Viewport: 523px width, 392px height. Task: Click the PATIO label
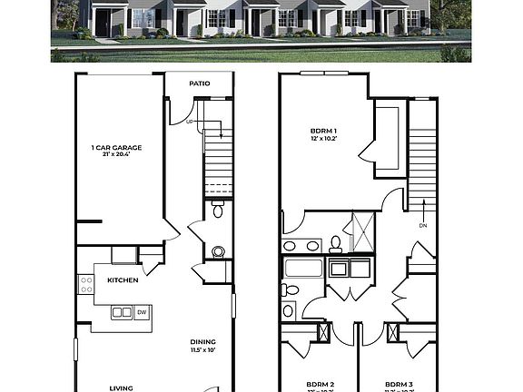200,83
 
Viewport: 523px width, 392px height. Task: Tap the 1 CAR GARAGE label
116,147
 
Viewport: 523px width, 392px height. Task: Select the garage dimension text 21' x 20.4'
116,155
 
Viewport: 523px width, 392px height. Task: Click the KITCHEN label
123,280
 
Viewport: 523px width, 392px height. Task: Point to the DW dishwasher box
141,312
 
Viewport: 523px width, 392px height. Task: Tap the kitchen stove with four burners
87,284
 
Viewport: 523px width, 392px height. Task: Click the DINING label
202,342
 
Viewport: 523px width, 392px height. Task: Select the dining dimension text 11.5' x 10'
202,350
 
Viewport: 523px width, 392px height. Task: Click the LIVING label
122,387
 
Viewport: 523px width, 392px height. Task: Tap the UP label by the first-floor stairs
189,121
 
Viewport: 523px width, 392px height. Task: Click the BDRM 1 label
323,130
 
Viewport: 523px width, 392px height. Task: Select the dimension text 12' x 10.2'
323,138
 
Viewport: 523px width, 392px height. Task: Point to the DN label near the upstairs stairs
422,225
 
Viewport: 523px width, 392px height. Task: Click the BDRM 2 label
320,384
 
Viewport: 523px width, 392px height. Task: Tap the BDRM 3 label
400,384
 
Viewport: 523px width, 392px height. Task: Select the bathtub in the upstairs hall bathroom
303,268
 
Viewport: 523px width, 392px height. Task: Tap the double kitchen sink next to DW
122,312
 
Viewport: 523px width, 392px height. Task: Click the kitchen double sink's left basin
117,312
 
